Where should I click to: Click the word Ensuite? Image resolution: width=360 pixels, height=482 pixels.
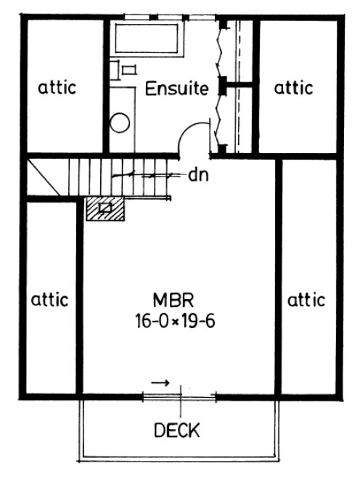pyautogui.click(x=177, y=89)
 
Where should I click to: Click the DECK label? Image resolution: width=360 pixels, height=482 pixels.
pyautogui.click(x=177, y=431)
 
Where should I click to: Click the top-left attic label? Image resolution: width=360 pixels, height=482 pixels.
pyautogui.click(x=57, y=88)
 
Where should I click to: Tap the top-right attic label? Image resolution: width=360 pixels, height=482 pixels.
pyautogui.click(x=294, y=88)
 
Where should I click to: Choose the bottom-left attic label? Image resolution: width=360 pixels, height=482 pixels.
pyautogui.click(x=49, y=298)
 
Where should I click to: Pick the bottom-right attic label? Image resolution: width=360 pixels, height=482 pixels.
pyautogui.click(x=306, y=298)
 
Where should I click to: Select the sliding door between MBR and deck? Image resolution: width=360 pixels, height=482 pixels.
pyautogui.click(x=179, y=396)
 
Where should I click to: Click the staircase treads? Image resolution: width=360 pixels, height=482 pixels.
pyautogui.click(x=120, y=176)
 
